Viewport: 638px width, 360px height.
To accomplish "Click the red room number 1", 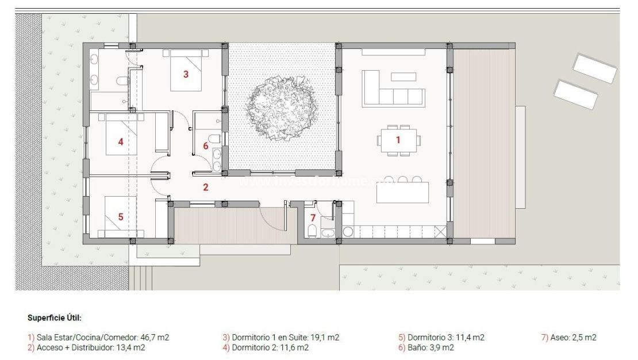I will [x=397, y=139].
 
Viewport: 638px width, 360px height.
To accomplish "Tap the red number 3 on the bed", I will [x=186, y=74].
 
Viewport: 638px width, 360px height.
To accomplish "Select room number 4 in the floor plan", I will [x=121, y=141].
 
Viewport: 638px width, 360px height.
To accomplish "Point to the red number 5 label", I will [x=121, y=217].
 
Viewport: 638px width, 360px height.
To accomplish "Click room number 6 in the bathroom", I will [x=206, y=146].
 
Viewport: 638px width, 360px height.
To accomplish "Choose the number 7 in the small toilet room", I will [x=313, y=218].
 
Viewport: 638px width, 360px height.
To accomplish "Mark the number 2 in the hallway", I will [x=205, y=186].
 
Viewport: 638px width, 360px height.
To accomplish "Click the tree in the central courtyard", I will [x=281, y=109].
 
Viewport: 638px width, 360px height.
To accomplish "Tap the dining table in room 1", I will [x=398, y=140].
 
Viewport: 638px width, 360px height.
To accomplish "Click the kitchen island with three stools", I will [x=402, y=192].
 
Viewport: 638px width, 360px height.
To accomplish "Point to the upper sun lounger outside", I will [x=594, y=68].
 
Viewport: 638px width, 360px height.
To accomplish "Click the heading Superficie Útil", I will [x=55, y=317].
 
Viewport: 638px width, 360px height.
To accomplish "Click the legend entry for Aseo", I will [x=568, y=338].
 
